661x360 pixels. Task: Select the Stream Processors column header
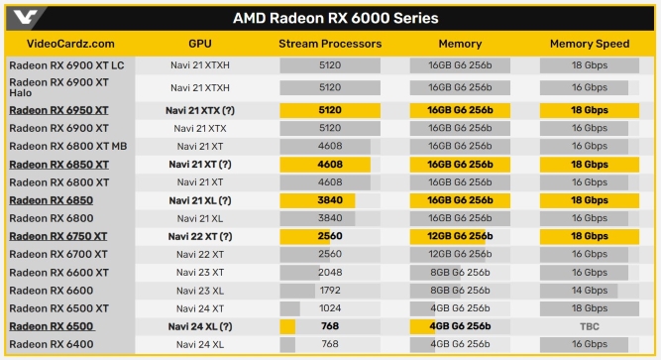coord(330,44)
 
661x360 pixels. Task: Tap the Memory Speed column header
coord(590,44)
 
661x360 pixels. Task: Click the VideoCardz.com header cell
coord(61,44)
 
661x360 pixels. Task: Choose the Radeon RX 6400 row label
coord(51,344)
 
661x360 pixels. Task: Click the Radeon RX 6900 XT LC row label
coord(66,64)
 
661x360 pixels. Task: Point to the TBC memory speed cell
coord(590,326)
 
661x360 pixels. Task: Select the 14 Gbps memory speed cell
coord(590,291)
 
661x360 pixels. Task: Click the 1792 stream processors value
coord(330,291)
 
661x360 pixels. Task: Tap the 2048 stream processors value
coord(330,273)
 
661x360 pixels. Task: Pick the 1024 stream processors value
coord(330,308)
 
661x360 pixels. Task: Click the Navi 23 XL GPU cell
coord(199,291)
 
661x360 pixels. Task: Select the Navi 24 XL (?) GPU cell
coord(199,326)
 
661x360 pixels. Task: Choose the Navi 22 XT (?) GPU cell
coord(199,236)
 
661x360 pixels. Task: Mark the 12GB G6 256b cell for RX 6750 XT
coord(460,236)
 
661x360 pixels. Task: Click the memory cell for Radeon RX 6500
coord(460,326)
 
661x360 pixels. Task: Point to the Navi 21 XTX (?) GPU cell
coord(199,110)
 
